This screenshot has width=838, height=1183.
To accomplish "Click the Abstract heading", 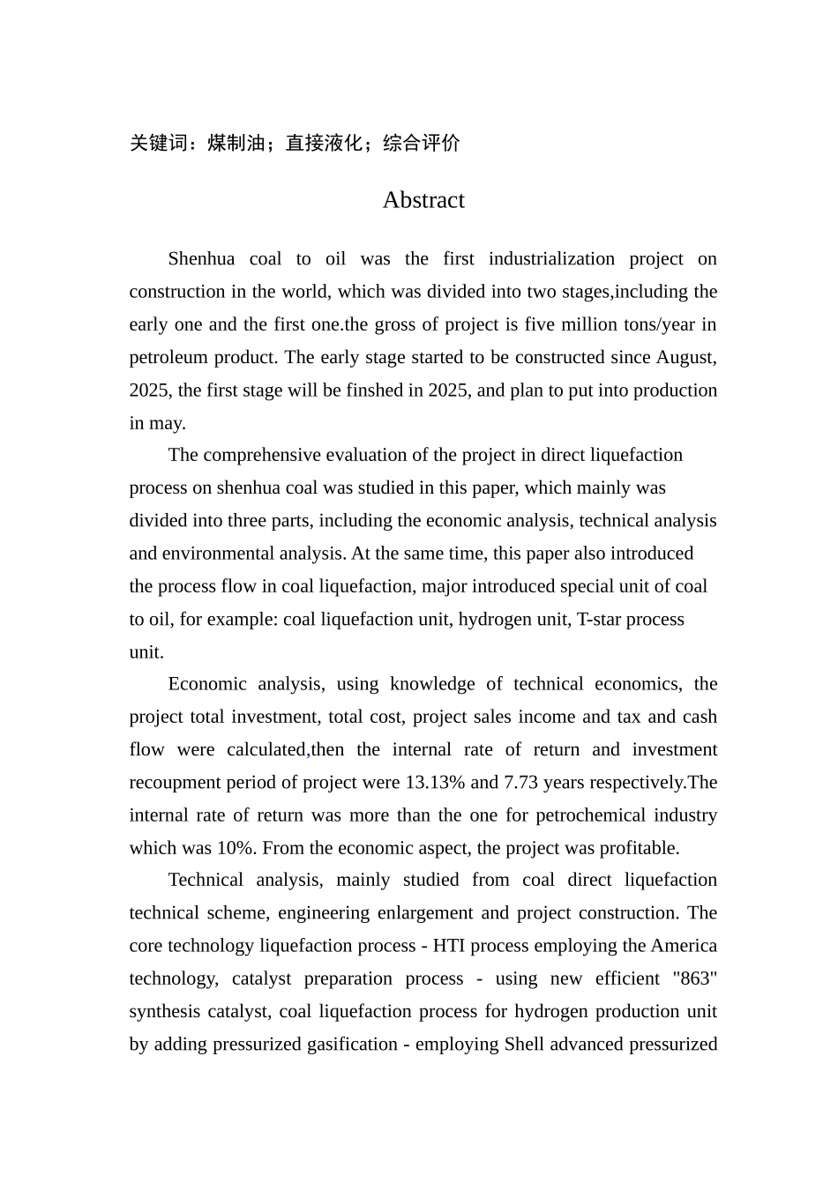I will tap(423, 200).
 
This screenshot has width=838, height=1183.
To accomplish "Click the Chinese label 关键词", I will tap(158, 143).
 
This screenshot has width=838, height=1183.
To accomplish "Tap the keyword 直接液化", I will tap(324, 143).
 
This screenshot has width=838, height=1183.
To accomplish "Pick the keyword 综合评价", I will tap(422, 143).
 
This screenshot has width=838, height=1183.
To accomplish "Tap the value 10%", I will tap(236, 848).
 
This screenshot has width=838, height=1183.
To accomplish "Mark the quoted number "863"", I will tap(692, 978).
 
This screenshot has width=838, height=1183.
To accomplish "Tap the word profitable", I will tap(639, 848).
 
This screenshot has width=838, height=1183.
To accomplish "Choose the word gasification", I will tap(352, 1045).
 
